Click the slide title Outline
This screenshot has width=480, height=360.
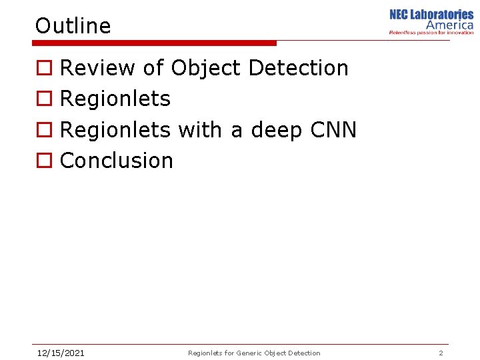point(73,26)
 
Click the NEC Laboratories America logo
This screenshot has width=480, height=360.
point(431,21)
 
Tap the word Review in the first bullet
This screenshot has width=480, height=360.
point(97,68)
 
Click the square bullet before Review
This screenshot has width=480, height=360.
point(43,69)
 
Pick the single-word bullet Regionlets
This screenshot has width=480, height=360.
point(115,99)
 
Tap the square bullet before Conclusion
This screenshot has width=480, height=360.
point(43,161)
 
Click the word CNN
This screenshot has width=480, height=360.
point(334,130)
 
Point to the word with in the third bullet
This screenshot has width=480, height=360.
point(200,130)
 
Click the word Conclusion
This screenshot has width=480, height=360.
point(117,161)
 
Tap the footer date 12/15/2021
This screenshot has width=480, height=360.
point(60,353)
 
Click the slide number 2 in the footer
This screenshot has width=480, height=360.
point(441,353)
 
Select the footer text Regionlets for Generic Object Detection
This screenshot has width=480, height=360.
point(254,353)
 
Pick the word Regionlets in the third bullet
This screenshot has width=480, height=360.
point(115,130)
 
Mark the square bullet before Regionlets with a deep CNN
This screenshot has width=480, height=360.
point(43,131)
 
